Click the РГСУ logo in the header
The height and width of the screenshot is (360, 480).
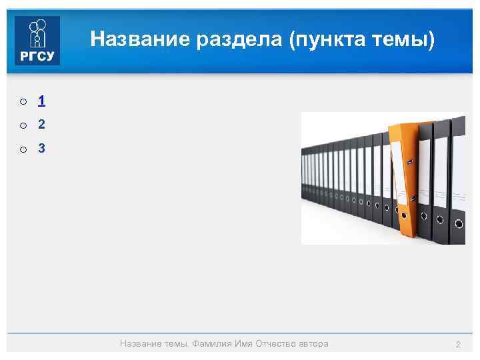click(37, 40)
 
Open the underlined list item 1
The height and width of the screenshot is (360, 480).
click(41, 101)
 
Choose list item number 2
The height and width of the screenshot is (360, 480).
click(41, 125)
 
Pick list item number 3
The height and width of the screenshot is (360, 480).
click(41, 149)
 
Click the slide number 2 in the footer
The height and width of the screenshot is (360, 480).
click(458, 344)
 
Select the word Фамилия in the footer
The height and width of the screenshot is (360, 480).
click(213, 344)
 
